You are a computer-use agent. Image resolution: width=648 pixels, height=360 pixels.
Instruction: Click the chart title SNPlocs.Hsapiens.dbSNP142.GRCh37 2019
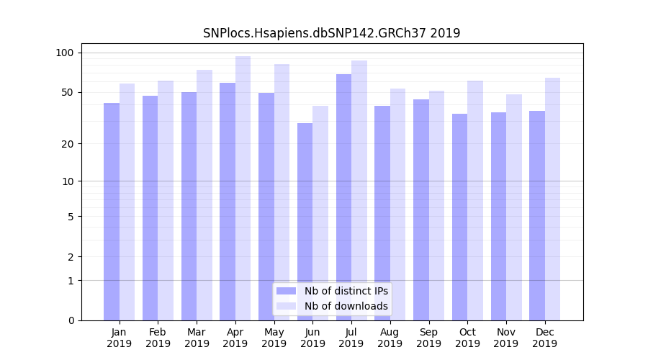coord(331,33)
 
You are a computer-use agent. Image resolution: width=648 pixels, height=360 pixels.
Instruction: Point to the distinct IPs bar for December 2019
coord(537,215)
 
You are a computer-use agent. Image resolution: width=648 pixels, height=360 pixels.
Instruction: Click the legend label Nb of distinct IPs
coord(346,291)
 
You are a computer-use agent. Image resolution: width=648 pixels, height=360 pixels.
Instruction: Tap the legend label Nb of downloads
coord(346,306)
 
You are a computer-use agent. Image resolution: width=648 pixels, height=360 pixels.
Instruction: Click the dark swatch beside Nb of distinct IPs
coord(286,291)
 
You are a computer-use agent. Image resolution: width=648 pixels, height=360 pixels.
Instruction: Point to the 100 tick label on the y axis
coord(65,53)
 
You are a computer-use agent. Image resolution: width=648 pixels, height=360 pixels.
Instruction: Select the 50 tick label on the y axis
coord(67,92)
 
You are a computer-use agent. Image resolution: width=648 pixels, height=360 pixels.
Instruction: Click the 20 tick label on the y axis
coord(67,144)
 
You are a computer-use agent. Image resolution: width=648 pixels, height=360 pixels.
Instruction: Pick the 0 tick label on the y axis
coord(71,320)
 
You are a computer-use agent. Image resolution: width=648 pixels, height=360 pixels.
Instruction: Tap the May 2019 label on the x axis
coord(274,338)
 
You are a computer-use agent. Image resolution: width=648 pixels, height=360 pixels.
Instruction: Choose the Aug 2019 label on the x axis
coord(390,338)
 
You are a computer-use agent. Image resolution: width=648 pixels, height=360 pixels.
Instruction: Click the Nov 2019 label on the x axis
coord(506,338)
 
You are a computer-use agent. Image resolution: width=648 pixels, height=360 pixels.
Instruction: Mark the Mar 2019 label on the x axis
coord(197,338)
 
